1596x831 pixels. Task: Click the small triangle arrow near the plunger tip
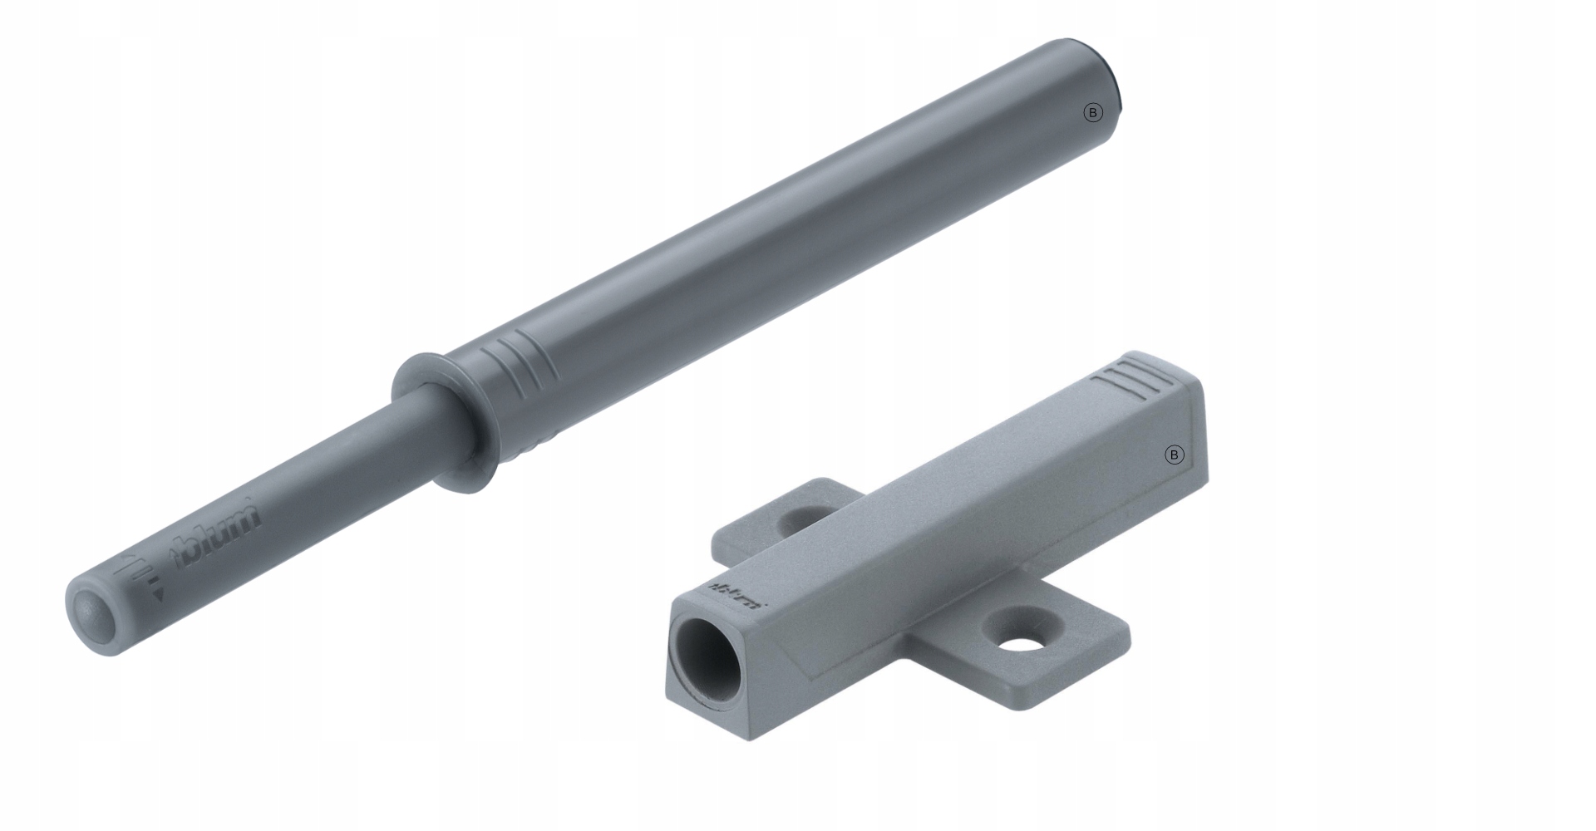[157, 594]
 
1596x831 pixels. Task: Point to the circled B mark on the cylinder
[1093, 113]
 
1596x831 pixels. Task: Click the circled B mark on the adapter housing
[1174, 455]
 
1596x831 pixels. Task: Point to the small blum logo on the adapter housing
[738, 596]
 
